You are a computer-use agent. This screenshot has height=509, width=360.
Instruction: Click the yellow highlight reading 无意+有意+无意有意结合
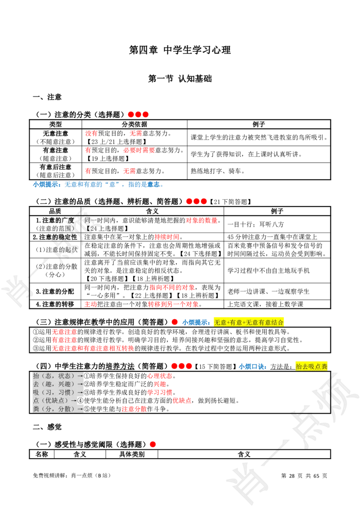[x=248, y=322]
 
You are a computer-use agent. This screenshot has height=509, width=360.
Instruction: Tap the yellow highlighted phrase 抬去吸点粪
[x=311, y=366]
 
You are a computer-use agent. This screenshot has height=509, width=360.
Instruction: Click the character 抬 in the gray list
[x=36, y=375]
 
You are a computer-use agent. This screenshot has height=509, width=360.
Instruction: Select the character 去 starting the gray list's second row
[x=36, y=384]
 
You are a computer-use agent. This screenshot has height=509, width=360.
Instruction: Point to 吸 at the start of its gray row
[x=36, y=392]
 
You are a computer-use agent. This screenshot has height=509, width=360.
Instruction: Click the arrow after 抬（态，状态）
[x=80, y=375]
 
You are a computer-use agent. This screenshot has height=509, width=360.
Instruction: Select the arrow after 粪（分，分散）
[x=80, y=409]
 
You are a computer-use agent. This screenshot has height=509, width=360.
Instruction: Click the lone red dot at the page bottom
[x=153, y=444]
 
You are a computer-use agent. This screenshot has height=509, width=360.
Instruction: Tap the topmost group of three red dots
[x=138, y=115]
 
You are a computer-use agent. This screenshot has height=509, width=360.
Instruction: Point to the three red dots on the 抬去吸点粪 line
[x=181, y=366]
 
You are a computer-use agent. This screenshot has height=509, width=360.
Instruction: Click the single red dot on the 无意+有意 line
[x=175, y=322]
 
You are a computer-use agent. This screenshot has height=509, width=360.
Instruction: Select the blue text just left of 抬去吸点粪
[x=252, y=366]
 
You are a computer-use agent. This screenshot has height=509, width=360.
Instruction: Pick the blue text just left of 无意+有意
[x=196, y=322]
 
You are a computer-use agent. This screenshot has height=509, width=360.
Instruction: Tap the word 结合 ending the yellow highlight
[x=278, y=322]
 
